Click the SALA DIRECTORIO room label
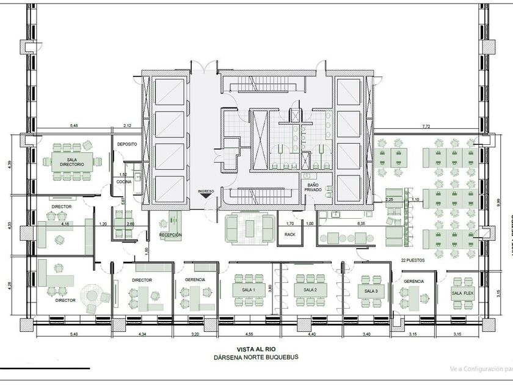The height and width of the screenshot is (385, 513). coord(72,160)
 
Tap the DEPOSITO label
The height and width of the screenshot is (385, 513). coord(127,144)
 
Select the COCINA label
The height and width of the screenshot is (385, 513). coord(125,182)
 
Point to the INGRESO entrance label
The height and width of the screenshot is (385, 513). coord(206,191)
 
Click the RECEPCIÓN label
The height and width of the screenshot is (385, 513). coord(170,235)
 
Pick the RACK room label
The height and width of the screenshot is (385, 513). coord(289,234)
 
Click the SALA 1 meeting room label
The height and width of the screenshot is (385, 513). coord(248,290)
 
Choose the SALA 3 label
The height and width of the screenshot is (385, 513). coord(371,291)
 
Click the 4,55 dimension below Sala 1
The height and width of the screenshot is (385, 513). coord(249,334)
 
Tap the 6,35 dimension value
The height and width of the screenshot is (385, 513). coord(361,224)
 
